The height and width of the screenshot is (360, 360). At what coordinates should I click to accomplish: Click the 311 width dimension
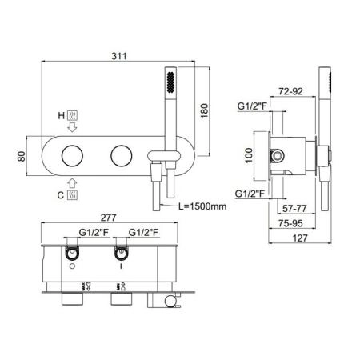coord(119,56)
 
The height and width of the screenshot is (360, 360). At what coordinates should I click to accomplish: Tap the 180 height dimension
coord(204,111)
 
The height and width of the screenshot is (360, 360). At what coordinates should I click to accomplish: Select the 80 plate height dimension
coord(22,156)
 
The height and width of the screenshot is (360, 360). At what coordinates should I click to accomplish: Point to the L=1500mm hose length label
coord(202,206)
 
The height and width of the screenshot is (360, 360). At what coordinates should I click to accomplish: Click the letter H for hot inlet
coord(62,115)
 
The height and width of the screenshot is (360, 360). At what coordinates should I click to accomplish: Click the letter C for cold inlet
coord(61,195)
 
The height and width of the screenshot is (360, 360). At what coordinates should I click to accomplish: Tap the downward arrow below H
coord(72,127)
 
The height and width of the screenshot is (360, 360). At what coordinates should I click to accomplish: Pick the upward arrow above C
coord(72,183)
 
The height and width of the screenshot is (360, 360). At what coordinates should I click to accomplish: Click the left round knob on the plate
coord(72,156)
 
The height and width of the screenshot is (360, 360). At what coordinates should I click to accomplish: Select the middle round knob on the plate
coord(122,156)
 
